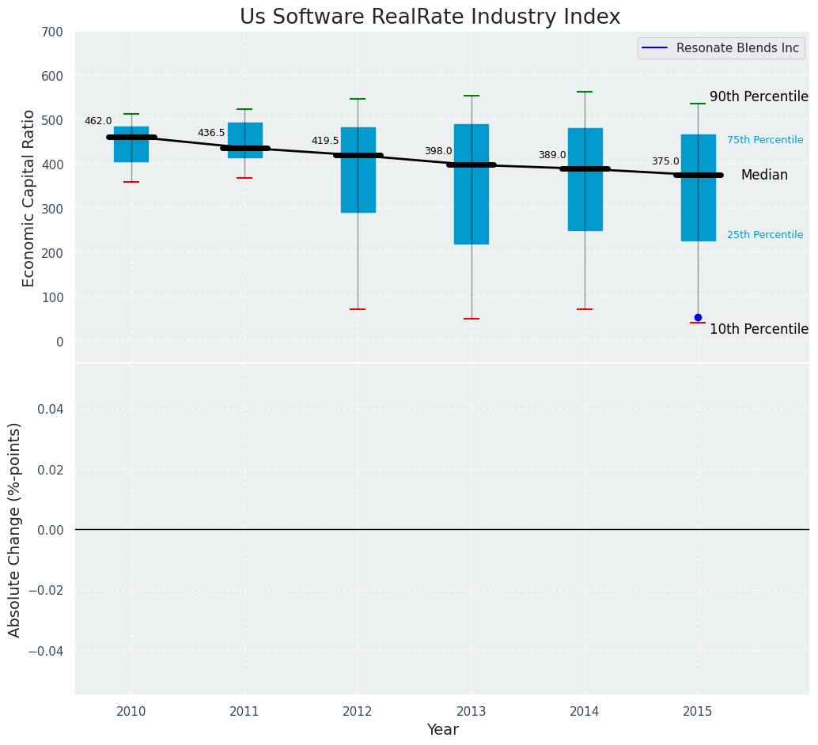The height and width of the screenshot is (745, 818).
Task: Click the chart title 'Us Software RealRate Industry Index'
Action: tap(430, 17)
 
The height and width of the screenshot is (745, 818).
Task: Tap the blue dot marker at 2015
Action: tap(698, 317)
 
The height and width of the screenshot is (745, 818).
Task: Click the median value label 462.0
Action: tap(98, 121)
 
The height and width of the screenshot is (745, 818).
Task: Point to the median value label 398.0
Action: tap(438, 151)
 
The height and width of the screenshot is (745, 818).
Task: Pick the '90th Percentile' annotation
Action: tap(758, 96)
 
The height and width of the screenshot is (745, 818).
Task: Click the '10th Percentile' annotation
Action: tap(758, 329)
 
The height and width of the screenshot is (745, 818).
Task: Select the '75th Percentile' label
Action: tap(764, 140)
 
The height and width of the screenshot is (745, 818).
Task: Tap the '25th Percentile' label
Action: tap(764, 235)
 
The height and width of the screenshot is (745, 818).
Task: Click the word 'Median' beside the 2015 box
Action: tap(763, 176)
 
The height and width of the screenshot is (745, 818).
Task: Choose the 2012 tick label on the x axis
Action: tap(358, 712)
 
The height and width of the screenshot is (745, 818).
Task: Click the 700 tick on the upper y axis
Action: tap(53, 32)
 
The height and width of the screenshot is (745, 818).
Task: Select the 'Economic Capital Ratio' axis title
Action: tap(29, 198)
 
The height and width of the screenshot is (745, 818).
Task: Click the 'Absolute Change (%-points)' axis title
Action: tap(15, 529)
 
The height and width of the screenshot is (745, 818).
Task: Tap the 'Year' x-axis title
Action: tap(442, 730)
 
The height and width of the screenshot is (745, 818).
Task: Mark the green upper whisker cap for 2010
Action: tap(131, 114)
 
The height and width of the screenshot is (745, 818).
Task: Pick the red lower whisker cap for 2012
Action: tap(358, 309)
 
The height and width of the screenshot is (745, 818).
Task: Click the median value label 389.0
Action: tap(552, 156)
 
